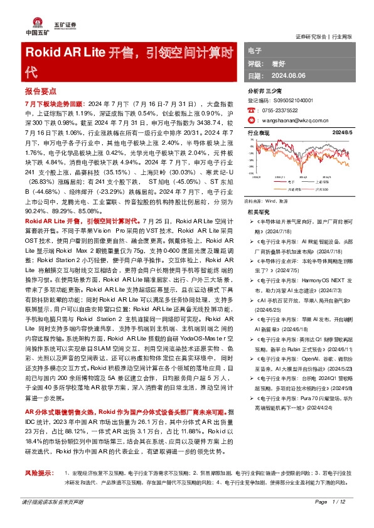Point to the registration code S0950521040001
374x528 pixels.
point(291,100)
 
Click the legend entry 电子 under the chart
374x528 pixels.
point(291,182)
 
